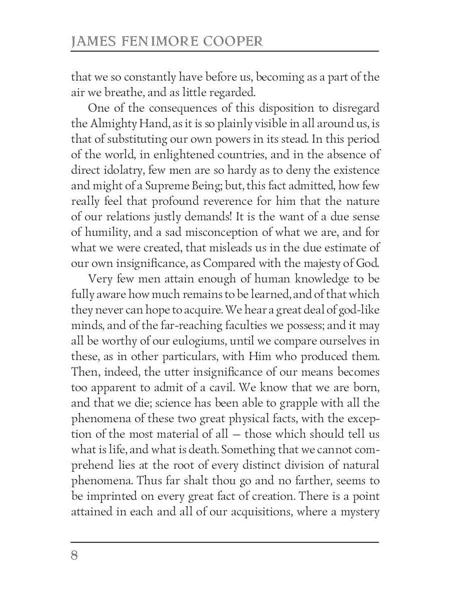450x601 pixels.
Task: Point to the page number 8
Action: click(74, 556)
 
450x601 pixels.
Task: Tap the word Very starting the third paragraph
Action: click(100, 279)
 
